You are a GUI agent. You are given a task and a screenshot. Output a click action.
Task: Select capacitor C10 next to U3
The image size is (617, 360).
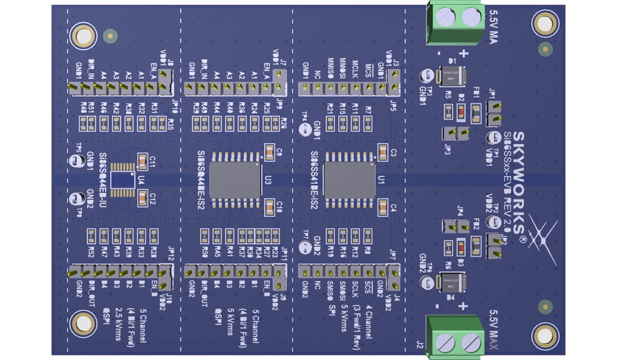click(269, 205)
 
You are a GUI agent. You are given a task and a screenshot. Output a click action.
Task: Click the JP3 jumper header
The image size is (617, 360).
click(456, 133)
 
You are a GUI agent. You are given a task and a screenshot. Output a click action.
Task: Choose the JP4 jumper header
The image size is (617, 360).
click(456, 227)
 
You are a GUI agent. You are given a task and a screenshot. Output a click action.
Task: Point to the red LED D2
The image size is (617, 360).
click(461, 112)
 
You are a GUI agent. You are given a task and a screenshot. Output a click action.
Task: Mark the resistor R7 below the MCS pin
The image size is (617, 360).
click(368, 122)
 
